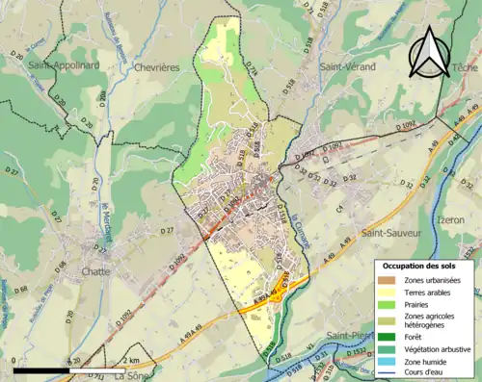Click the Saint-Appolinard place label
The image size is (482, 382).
(64, 66)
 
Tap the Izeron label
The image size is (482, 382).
(454, 219)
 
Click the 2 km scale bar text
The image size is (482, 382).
(133, 361)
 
